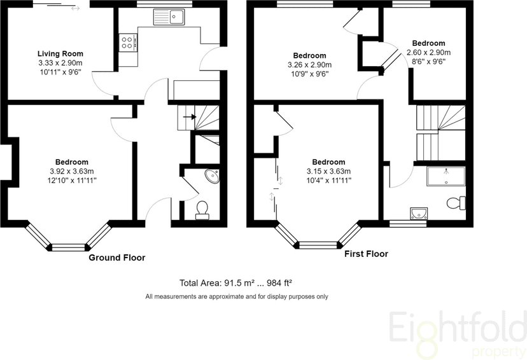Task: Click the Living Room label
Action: (x=60, y=53)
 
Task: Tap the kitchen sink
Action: (x=169, y=18)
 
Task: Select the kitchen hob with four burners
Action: (x=127, y=43)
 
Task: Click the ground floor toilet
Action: (x=202, y=209)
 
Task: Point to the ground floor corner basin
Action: (x=213, y=176)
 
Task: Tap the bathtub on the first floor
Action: (x=446, y=176)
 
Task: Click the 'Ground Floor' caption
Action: (x=116, y=258)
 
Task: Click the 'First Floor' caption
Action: (x=366, y=254)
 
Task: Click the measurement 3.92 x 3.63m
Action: (x=71, y=171)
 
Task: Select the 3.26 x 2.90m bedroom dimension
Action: (x=309, y=65)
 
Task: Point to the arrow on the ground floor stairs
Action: (x=189, y=116)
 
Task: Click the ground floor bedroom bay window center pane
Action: (x=68, y=246)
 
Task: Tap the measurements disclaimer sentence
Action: (x=237, y=296)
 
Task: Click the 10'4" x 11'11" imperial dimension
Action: (x=328, y=180)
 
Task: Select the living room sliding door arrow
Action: (x=75, y=8)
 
